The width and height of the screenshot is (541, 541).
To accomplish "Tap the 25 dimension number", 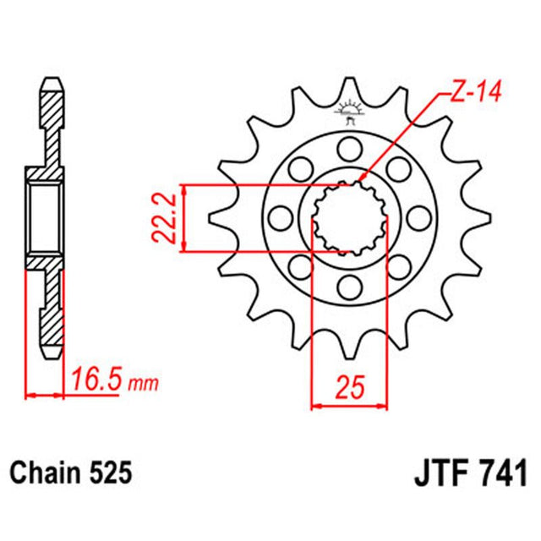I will pyautogui.click(x=349, y=388).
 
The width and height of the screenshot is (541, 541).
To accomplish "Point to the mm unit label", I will pyautogui.click(x=143, y=385).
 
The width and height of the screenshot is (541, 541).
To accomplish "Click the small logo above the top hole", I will pyautogui.click(x=348, y=110).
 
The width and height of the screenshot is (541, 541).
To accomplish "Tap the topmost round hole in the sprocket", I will pyautogui.click(x=347, y=150).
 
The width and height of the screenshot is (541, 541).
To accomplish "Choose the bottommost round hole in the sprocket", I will pyautogui.click(x=347, y=292).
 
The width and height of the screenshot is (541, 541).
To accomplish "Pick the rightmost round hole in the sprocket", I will pyautogui.click(x=418, y=221).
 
